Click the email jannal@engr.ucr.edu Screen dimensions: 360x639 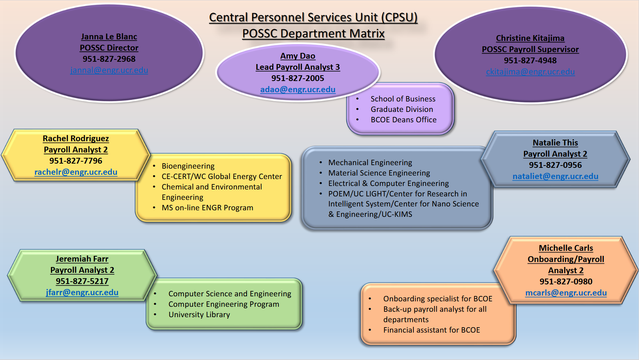tap(109, 70)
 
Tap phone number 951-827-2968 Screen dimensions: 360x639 tap(109, 59)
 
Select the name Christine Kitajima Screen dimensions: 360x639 tap(530, 38)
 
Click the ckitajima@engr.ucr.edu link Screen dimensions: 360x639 tap(530, 72)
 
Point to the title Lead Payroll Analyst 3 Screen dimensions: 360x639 tap(298, 67)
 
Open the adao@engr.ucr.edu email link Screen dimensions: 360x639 tap(298, 90)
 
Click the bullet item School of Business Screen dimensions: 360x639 tap(403, 99)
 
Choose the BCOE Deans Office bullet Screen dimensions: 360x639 tap(403, 120)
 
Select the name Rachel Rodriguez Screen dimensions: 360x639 tap(76, 139)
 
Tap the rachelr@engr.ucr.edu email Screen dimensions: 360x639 tap(76, 172)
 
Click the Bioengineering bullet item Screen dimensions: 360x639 tap(188, 166)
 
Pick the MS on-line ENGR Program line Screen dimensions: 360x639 tap(207, 208)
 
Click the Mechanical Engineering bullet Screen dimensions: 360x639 tap(370, 163)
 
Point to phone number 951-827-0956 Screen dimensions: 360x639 tap(555, 165)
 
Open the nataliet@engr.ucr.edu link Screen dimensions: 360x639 tap(555, 176)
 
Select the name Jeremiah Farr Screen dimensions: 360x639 tap(82, 259)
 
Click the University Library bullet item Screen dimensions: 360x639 tap(199, 315)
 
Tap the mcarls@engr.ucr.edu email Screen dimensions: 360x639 tap(566, 293)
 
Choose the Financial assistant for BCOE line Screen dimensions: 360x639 tap(432, 330)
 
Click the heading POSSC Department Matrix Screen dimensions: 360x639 tap(314, 34)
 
